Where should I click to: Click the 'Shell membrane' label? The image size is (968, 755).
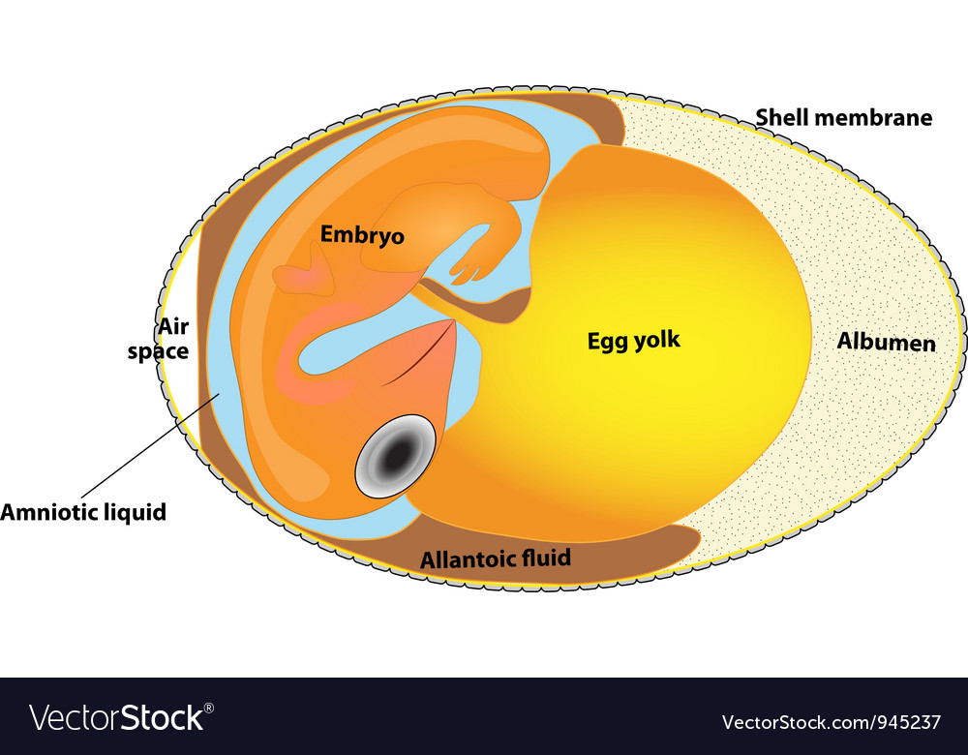(x=843, y=118)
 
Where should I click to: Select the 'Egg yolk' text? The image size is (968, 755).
(x=634, y=340)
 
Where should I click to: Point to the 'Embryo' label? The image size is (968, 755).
(x=362, y=234)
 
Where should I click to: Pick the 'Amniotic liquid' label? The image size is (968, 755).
(x=83, y=512)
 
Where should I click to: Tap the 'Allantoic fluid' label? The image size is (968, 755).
(x=495, y=559)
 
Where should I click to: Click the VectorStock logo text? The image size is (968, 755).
(x=116, y=717)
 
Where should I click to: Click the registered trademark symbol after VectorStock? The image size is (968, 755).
(x=209, y=708)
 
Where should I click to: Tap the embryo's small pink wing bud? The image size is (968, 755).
(x=306, y=271)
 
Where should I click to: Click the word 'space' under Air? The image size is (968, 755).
(x=158, y=350)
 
